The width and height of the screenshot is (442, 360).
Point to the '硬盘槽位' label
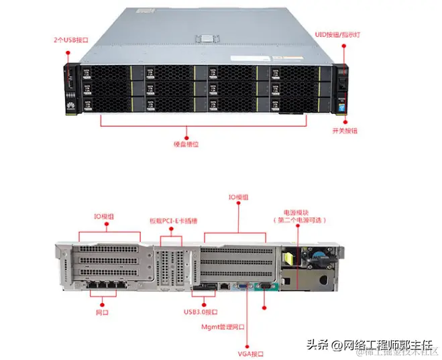[x=185, y=143]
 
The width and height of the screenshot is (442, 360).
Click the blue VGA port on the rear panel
[x=240, y=288]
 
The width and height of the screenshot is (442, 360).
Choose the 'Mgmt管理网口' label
[x=225, y=328]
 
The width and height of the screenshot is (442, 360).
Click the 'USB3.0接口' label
[x=201, y=312]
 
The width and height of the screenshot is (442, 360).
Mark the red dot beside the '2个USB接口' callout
[x=68, y=49]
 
